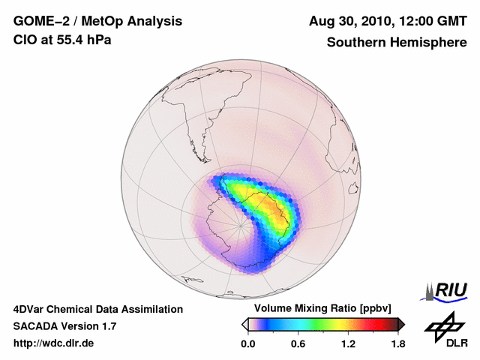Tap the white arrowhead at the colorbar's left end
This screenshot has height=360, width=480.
(x=244, y=324)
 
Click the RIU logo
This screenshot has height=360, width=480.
(x=448, y=290)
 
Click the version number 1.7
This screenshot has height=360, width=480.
(x=108, y=326)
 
